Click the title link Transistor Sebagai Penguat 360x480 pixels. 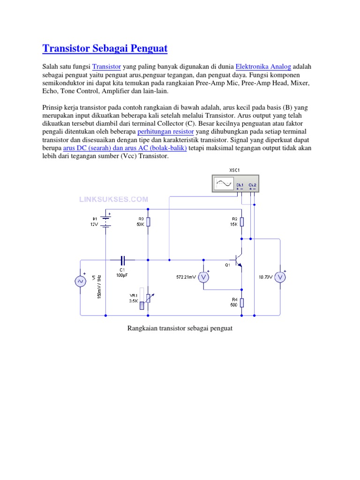[105, 48]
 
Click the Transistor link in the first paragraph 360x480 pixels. [106, 67]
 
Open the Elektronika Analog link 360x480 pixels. [263, 67]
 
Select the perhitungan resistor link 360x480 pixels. [165, 132]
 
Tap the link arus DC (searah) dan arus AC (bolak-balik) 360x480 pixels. [125, 148]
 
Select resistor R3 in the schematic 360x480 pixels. [148, 221]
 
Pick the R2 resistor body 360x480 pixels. [242, 221]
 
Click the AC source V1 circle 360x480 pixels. [80, 281]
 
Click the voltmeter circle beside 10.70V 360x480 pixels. [280, 277]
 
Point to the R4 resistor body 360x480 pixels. [242, 302]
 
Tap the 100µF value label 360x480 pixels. [122, 276]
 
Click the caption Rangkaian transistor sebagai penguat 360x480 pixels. [180, 328]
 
